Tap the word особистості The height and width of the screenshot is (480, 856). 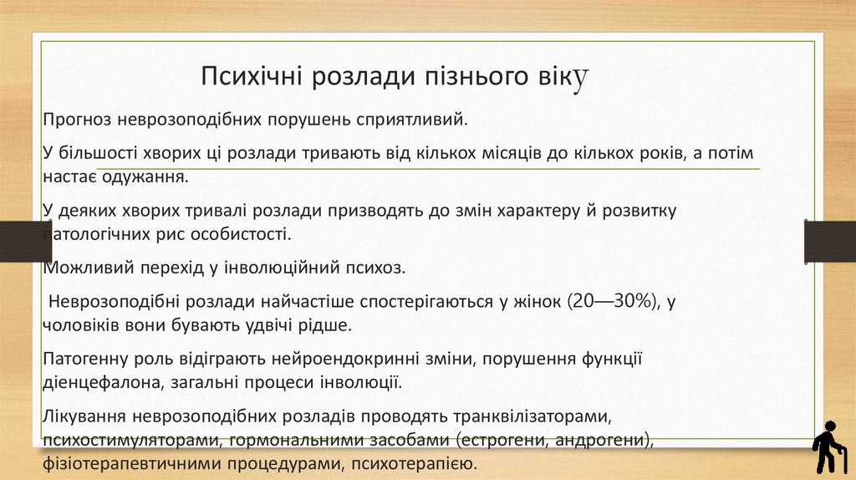[244, 233]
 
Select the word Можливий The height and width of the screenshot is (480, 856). [79, 268]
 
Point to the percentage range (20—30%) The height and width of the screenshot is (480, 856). [614, 303]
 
